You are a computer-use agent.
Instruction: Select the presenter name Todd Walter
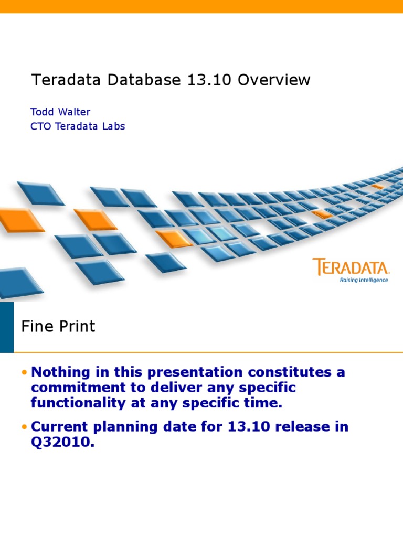click(x=60, y=112)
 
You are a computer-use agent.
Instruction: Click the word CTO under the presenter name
click(x=40, y=126)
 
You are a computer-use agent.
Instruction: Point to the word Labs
click(x=114, y=126)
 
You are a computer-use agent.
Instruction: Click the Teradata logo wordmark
click(x=351, y=267)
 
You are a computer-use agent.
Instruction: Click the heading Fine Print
click(x=58, y=327)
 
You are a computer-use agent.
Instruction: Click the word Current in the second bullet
click(x=57, y=427)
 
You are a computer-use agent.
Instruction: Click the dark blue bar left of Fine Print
click(x=7, y=327)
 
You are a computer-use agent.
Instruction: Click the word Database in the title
click(x=137, y=80)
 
